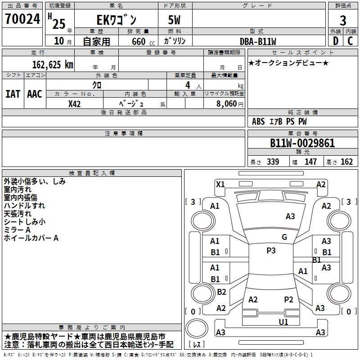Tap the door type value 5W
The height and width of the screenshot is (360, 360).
[175, 20]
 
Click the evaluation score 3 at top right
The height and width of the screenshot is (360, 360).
[343, 20]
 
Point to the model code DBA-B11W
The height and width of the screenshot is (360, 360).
[258, 41]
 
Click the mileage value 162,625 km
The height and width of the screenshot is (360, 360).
[53, 64]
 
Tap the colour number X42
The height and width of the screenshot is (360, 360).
[75, 103]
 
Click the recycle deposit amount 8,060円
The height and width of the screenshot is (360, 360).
[230, 103]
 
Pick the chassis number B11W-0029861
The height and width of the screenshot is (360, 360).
[302, 143]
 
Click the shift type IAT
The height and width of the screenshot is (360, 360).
[12, 94]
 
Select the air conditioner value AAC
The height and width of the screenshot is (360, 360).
[35, 94]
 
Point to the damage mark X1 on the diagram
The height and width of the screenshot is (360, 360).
[220, 184]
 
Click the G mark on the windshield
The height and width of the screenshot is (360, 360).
[284, 237]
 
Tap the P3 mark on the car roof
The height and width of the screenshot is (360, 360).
[271, 251]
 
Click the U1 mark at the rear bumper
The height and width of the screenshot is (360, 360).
[283, 322]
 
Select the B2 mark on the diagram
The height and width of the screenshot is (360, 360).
[221, 292]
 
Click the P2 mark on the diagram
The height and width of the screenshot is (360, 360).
[288, 299]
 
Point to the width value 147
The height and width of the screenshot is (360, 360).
[310, 162]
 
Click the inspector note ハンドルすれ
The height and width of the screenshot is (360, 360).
[24, 206]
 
